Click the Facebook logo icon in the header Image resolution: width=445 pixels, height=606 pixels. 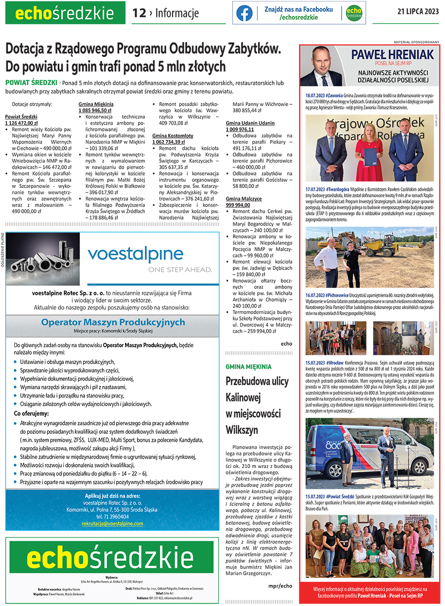244,13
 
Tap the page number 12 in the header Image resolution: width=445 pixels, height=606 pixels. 139,13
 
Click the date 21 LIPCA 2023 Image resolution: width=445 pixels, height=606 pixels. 418,12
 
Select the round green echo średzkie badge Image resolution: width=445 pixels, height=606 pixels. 354,13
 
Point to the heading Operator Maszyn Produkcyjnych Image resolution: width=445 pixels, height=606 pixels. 113,322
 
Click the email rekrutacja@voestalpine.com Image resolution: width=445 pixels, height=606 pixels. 112,523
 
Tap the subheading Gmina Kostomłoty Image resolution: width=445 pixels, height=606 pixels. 173,136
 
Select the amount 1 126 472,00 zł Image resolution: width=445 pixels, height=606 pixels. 22,123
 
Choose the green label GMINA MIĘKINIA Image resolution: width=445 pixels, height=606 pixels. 248,367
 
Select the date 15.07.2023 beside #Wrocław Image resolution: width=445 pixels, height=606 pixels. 314,362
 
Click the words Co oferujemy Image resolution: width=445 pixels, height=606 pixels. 31,413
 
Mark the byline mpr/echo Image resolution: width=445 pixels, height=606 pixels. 280,586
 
